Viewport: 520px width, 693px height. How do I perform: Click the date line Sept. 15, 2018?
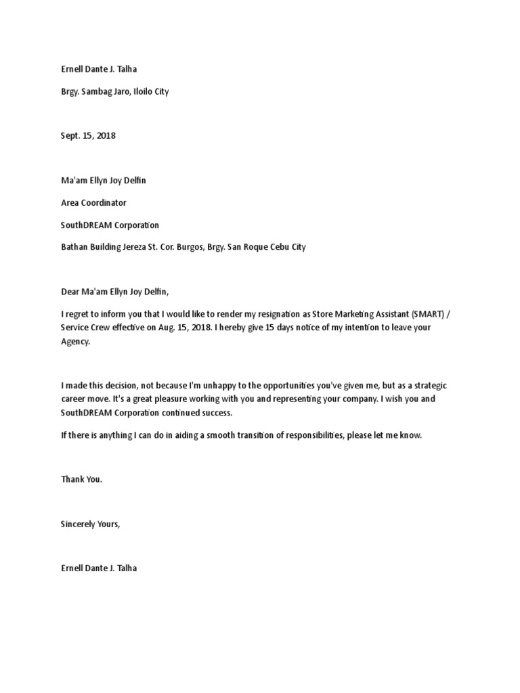click(x=88, y=135)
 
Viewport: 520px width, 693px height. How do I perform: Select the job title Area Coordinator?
click(x=93, y=202)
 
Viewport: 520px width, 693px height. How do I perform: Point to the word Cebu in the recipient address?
click(x=278, y=247)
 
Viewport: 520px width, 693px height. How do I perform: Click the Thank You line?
click(x=81, y=479)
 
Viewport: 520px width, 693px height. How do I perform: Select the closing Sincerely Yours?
click(x=90, y=524)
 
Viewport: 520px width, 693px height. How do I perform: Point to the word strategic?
click(x=425, y=385)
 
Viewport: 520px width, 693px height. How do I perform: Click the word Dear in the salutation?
click(x=70, y=292)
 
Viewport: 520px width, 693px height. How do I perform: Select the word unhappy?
click(x=217, y=385)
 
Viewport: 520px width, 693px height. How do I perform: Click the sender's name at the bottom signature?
click(x=99, y=568)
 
